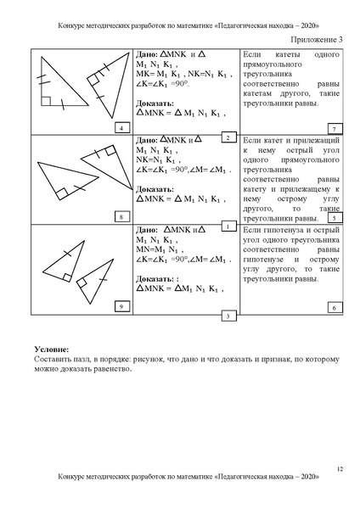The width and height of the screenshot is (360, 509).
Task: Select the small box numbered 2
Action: tap(228, 137)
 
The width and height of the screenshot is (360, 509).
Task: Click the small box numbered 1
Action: tap(228, 227)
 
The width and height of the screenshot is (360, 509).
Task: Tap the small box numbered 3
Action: tap(228, 316)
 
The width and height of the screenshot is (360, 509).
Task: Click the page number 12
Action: tap(339, 469)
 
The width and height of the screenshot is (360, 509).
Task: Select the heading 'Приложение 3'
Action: tap(319, 39)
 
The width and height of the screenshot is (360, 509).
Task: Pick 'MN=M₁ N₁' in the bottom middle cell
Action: tap(158, 250)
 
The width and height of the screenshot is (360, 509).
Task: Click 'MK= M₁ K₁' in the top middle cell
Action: tap(161, 75)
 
